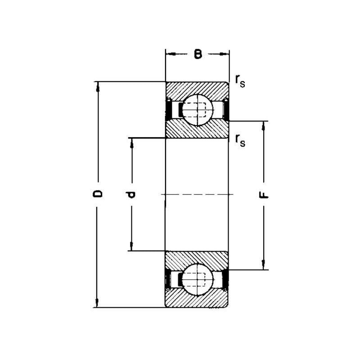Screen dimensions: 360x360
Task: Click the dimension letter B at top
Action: click(198, 54)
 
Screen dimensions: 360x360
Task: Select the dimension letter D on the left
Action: click(98, 193)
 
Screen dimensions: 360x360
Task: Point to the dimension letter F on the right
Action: click(264, 195)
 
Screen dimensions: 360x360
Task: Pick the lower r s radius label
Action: click(240, 140)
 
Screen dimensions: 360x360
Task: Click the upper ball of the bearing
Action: click(198, 110)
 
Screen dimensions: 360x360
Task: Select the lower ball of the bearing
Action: click(198, 279)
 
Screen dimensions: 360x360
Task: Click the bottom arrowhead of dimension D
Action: click(97, 303)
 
